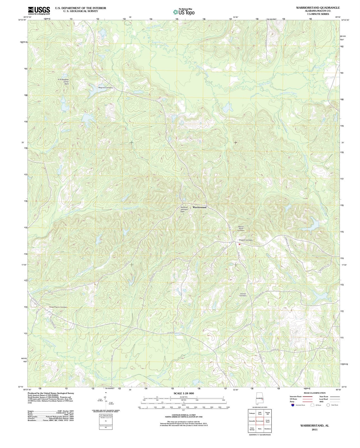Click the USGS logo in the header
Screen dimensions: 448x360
[x=39, y=10]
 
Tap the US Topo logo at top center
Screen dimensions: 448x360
[x=184, y=12]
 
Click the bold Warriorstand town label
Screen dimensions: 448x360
[x=199, y=207]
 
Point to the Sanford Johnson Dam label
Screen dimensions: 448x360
[x=184, y=209]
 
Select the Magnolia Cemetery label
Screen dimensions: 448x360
[x=106, y=88]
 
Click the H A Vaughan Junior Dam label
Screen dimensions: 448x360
[x=63, y=81]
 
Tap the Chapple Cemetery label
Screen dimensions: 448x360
[x=245, y=240]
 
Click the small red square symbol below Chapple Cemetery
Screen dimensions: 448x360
[x=239, y=244]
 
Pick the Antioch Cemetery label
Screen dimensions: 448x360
[x=243, y=295]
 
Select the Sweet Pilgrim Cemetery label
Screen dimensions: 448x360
[x=58, y=307]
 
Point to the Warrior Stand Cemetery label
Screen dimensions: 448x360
[x=241, y=228]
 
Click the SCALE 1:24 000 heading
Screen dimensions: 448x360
[x=184, y=393]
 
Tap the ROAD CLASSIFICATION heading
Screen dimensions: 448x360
[x=315, y=393]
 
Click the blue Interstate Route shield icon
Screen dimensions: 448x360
[x=292, y=405]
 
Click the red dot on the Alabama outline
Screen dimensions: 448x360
[x=262, y=400]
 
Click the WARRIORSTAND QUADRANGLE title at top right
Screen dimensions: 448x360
[x=316, y=8]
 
